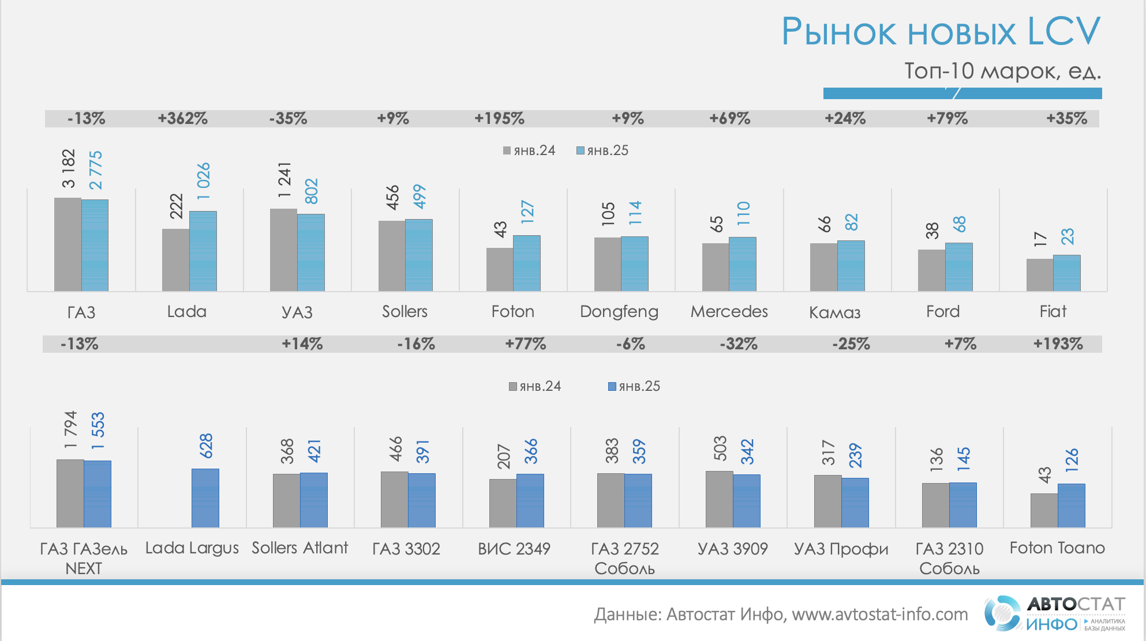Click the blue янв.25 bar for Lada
pyautogui.click(x=203, y=251)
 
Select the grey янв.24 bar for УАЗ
pyautogui.click(x=283, y=250)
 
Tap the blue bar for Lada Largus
pyautogui.click(x=205, y=498)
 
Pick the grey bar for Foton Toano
pyautogui.click(x=1044, y=511)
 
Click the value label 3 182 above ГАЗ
pyautogui.click(x=69, y=169)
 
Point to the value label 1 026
pyautogui.click(x=204, y=181)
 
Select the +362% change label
pyautogui.click(x=182, y=119)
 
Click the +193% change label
pyautogui.click(x=1058, y=344)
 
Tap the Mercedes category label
pyautogui.click(x=729, y=312)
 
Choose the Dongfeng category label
pyautogui.click(x=619, y=312)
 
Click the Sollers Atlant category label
pyautogui.click(x=299, y=548)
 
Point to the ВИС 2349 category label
pyautogui.click(x=514, y=549)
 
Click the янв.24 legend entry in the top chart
pyautogui.click(x=529, y=151)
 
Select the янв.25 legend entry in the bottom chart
pyautogui.click(x=634, y=386)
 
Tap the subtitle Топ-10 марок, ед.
pyautogui.click(x=1002, y=71)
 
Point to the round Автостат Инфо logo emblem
pyautogui.click(x=1002, y=613)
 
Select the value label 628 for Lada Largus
pyautogui.click(x=206, y=446)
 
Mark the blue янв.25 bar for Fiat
pyautogui.click(x=1066, y=273)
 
